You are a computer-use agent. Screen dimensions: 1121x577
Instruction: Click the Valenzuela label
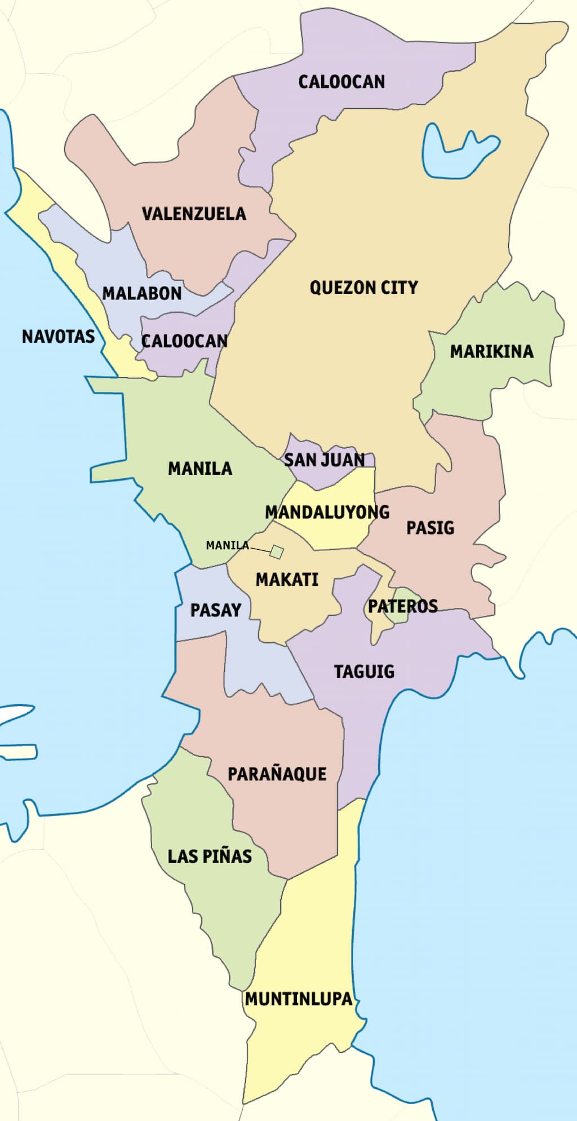[x=194, y=214]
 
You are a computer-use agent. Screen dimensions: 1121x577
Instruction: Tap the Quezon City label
[x=363, y=288]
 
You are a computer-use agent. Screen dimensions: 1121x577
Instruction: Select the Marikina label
[x=491, y=352]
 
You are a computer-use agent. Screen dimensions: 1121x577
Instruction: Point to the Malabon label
[x=142, y=293]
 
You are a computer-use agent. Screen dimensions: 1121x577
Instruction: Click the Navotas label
[x=58, y=337]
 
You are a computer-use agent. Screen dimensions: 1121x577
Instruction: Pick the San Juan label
[x=324, y=460]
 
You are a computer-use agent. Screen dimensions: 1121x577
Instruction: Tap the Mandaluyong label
[x=327, y=512]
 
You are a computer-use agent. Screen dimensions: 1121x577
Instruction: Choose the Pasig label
[x=430, y=528]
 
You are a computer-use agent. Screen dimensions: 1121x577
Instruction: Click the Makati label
[x=287, y=579]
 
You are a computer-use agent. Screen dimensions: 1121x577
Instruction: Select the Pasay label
[x=215, y=610]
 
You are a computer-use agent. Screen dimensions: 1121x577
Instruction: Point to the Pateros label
[x=402, y=606]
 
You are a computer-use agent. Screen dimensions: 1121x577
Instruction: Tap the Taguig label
[x=364, y=672]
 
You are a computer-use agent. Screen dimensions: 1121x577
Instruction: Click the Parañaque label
[x=277, y=774]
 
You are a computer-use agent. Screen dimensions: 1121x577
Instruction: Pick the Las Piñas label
[x=210, y=856]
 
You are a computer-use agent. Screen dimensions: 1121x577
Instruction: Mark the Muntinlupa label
[x=299, y=999]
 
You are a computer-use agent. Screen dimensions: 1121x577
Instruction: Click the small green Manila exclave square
[x=276, y=551]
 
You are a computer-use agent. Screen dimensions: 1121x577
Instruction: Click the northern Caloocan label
[x=341, y=82]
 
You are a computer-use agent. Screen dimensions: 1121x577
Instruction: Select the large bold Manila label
[x=200, y=468]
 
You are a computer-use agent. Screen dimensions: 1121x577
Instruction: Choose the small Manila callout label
[x=227, y=545]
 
